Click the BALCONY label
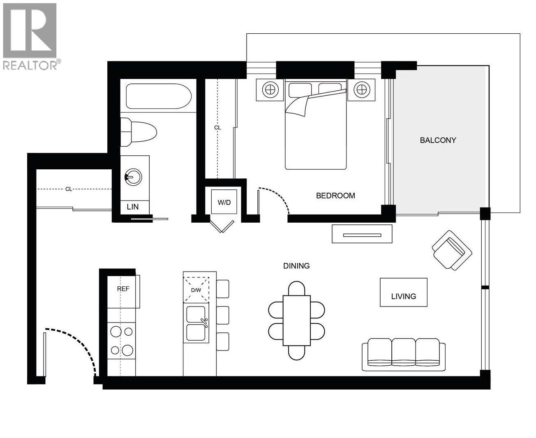tap(438, 140)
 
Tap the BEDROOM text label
tap(335, 196)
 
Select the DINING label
tap(296, 266)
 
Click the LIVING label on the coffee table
tap(403, 296)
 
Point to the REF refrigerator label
tap(123, 289)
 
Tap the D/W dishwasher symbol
tap(196, 290)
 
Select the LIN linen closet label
tap(133, 207)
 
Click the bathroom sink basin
tap(133, 177)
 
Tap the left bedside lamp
tap(270, 90)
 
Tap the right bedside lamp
tap(361, 90)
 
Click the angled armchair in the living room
tap(451, 250)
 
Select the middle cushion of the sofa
tap(403, 352)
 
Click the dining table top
tap(296, 320)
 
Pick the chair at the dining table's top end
tap(296, 288)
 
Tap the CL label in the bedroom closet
tap(217, 128)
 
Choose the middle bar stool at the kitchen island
tap(222, 315)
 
